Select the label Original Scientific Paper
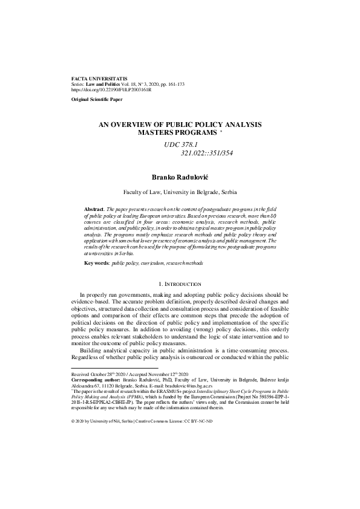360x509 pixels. tap(99, 99)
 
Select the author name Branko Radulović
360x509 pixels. tap(180, 178)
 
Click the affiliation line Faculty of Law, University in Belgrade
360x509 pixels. tap(180, 191)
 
